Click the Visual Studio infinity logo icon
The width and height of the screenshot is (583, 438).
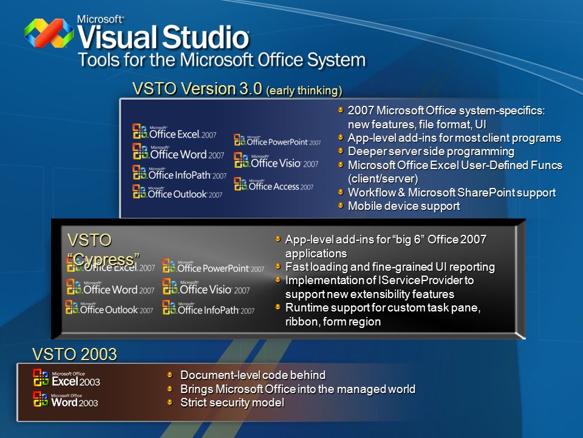pos(49,33)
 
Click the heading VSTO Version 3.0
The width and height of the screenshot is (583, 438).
pos(197,89)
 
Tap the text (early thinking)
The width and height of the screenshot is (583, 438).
pos(304,91)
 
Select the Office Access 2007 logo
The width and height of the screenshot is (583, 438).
pos(274,184)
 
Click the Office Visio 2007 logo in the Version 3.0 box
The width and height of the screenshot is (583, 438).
pos(276,161)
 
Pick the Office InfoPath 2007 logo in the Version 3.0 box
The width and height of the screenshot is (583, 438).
pos(180,173)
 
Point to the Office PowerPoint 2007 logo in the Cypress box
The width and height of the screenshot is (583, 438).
pos(213,266)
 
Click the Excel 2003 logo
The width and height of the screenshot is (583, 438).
pos(67,378)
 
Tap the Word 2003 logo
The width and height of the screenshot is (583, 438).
pos(66,399)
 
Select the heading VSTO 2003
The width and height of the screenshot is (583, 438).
pos(74,354)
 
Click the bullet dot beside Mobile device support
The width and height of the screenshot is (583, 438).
pos(341,204)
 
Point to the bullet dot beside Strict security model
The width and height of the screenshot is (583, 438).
pos(170,401)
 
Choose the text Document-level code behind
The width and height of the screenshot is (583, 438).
pos(253,375)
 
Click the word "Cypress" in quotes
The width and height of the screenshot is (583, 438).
pos(103,259)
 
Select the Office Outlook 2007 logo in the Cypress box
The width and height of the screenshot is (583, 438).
pos(109,308)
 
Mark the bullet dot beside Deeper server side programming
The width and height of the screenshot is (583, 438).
pos(341,150)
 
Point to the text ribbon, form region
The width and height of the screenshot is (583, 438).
pos(333,321)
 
